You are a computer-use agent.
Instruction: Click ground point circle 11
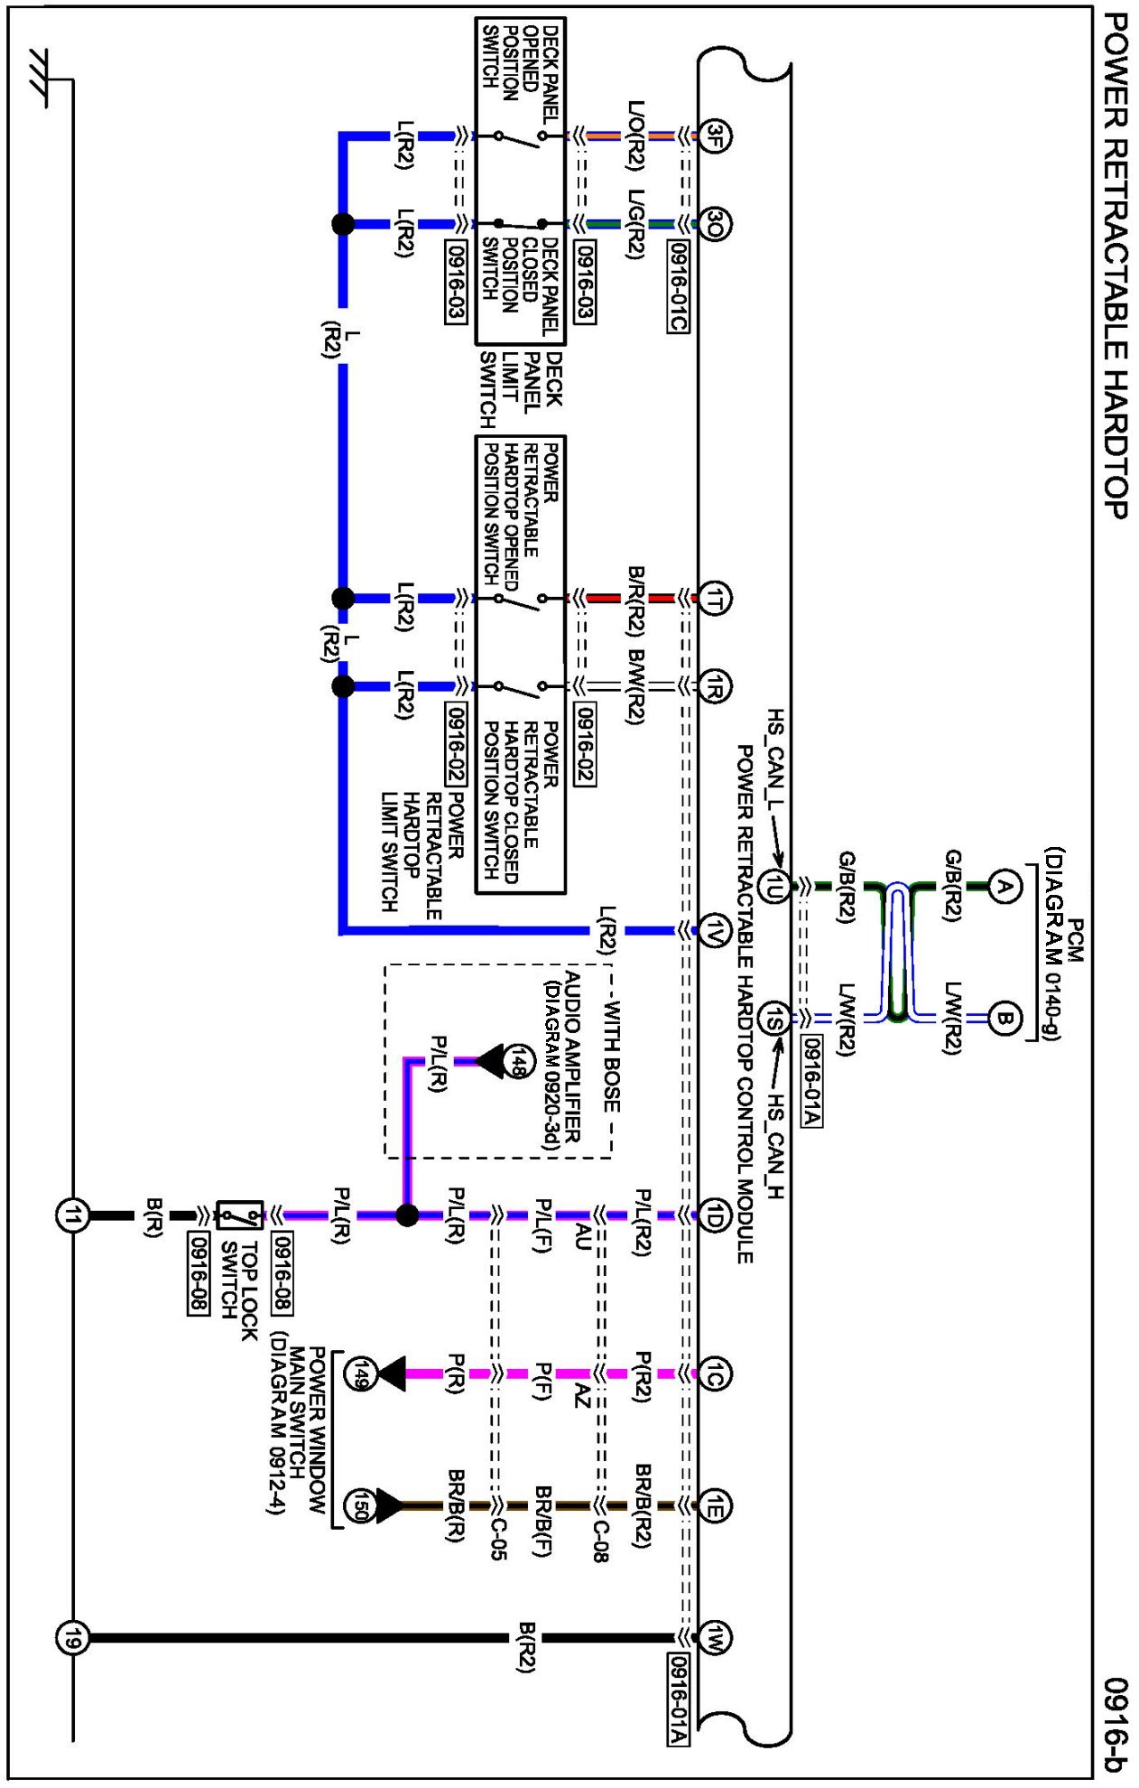(72, 1215)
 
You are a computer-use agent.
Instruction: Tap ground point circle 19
(72, 1636)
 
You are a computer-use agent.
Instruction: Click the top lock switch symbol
(240, 1215)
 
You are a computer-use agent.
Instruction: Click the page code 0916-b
(1116, 1725)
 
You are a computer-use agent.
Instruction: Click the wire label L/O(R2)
(636, 135)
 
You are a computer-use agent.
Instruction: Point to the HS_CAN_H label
(775, 1147)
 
